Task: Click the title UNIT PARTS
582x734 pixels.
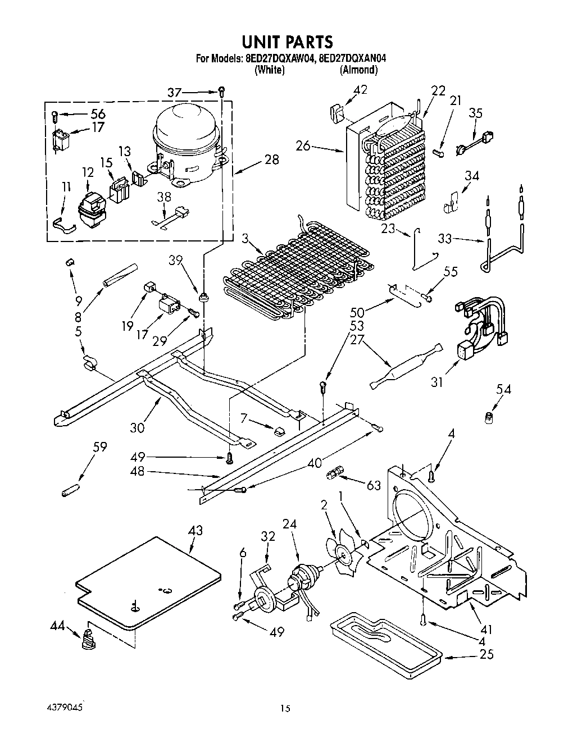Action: (287, 42)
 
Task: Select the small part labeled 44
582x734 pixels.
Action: (87, 640)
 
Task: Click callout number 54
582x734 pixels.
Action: (503, 389)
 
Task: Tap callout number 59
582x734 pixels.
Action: (100, 447)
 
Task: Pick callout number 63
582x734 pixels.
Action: (373, 485)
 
